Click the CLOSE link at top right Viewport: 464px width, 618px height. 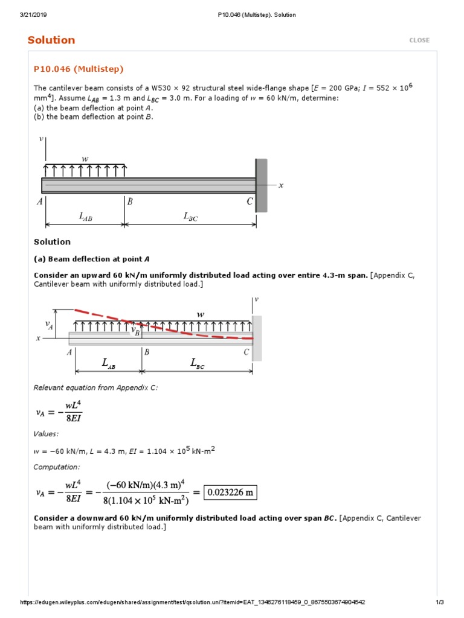tap(419, 40)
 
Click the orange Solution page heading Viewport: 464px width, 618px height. tap(51, 40)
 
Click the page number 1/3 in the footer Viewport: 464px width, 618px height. tap(440, 602)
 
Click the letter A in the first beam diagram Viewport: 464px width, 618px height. tap(39, 202)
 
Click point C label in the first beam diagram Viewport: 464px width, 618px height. tap(250, 202)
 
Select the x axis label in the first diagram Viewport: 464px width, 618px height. tap(281, 185)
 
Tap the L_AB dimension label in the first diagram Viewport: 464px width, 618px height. tap(86, 217)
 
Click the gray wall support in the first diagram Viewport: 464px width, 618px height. tap(261, 185)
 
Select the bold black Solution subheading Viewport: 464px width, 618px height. tap(52, 242)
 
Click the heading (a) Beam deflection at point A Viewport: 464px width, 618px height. tap(91, 259)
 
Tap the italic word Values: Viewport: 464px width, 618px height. tap(46, 433)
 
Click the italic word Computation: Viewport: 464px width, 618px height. tap(56, 467)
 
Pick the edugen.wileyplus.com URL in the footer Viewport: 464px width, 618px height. tap(193, 602)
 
